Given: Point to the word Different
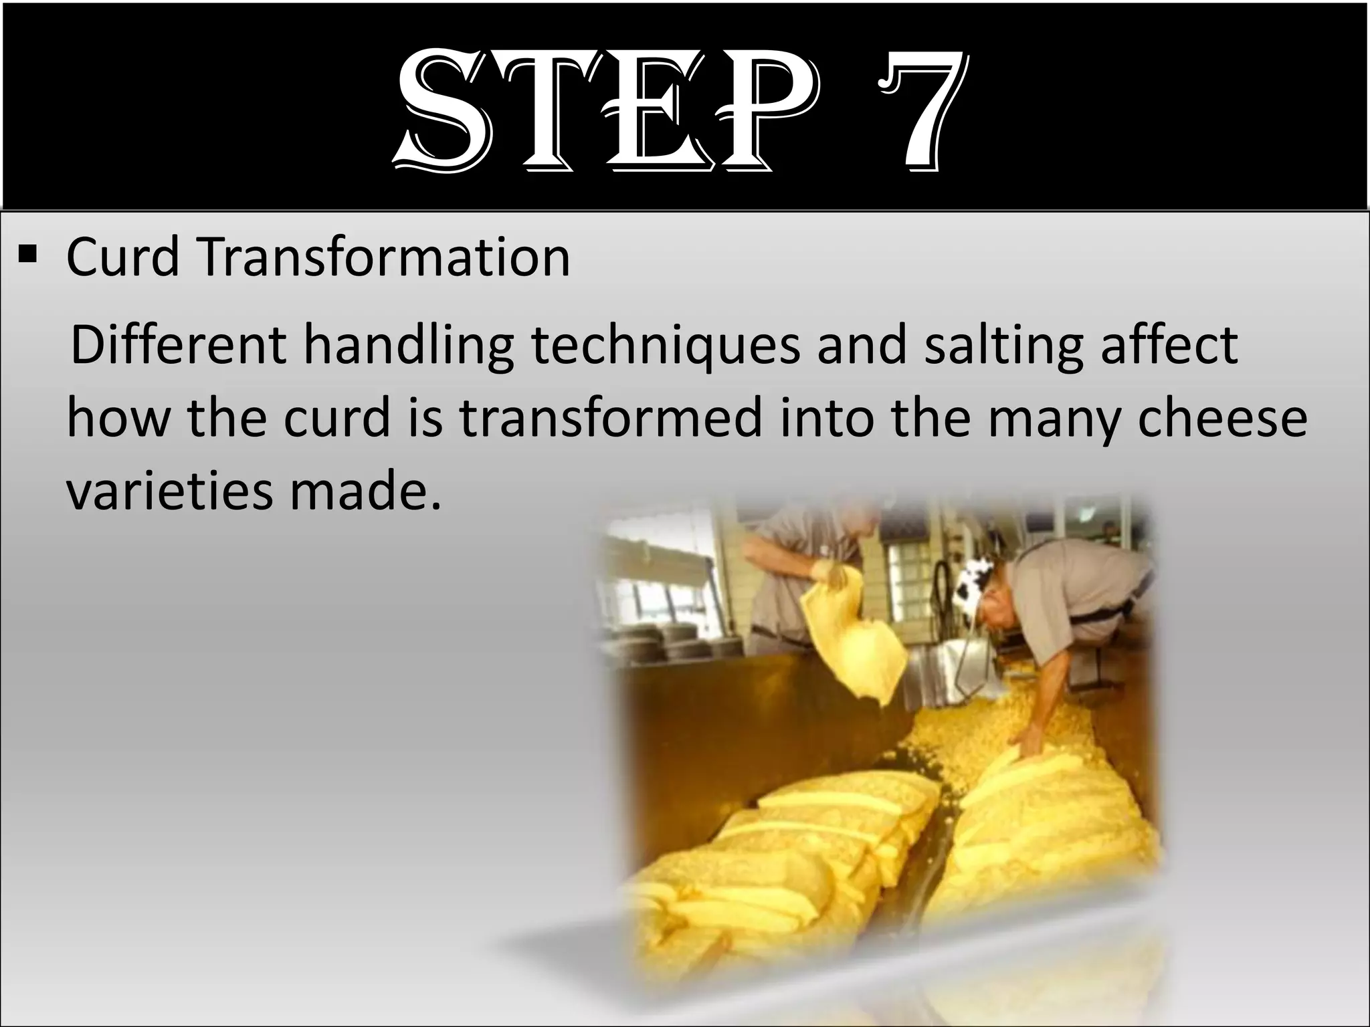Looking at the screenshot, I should click(178, 346).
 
